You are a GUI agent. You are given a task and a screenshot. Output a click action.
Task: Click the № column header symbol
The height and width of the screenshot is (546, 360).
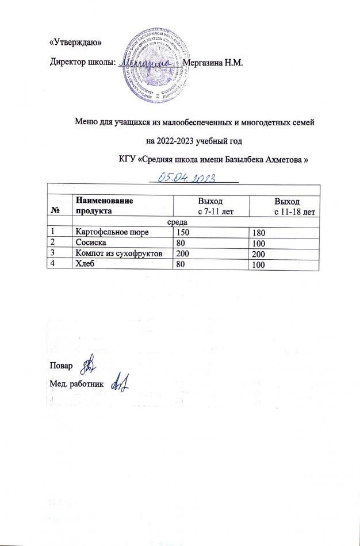coord(56,211)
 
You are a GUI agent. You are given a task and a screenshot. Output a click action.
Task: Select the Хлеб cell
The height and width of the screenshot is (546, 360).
coord(84,264)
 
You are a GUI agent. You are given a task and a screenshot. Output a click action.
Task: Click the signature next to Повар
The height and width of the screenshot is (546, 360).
coord(88,364)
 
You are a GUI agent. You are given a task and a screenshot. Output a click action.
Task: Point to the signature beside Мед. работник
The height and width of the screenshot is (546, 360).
coord(118,380)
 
